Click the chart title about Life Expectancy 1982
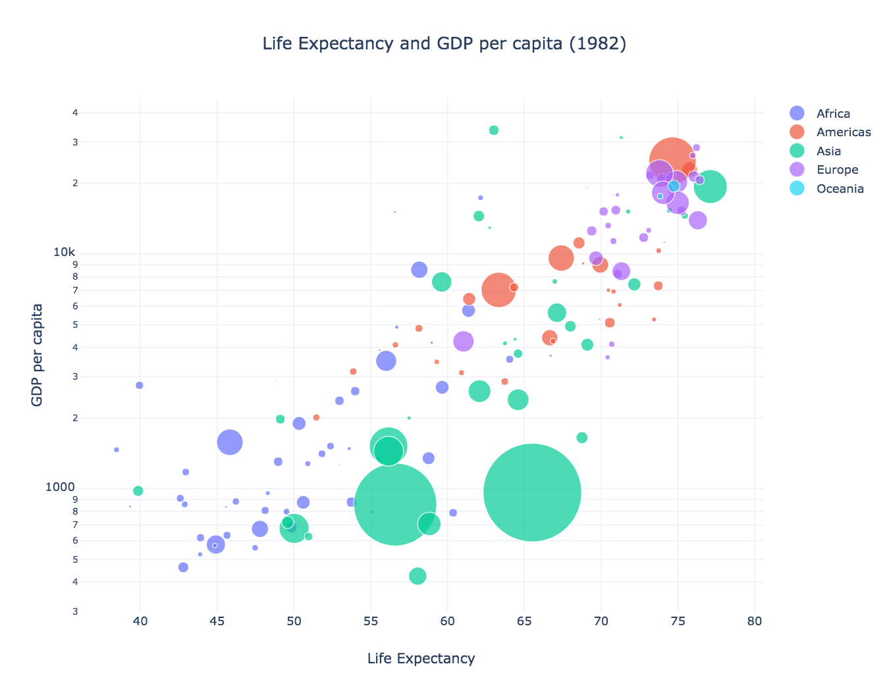click(x=444, y=44)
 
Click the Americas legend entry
click(x=843, y=132)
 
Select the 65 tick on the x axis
click(x=524, y=621)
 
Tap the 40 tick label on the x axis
click(x=140, y=621)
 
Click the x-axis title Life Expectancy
click(x=421, y=659)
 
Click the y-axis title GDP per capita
click(x=38, y=355)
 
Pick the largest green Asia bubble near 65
click(x=532, y=492)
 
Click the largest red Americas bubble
click(x=672, y=160)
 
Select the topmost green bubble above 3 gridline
click(x=494, y=130)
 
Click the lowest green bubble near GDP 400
click(x=418, y=576)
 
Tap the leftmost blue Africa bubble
click(x=117, y=449)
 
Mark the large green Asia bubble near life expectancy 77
click(x=710, y=187)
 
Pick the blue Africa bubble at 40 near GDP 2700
click(x=140, y=385)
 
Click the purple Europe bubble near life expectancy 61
click(x=464, y=341)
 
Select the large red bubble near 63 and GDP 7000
click(x=498, y=290)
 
